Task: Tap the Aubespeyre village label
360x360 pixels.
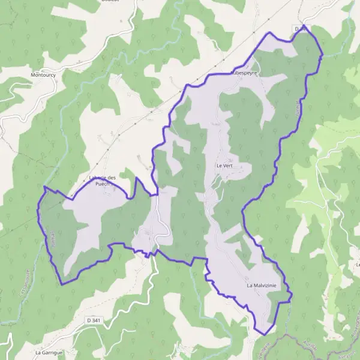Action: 244,72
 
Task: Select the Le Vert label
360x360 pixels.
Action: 224,165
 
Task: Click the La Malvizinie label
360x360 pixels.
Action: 261,286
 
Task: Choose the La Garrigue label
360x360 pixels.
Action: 49,353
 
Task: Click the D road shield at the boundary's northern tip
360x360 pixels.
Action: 300,28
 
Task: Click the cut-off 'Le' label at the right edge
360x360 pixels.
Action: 357,265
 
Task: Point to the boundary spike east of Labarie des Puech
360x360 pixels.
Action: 137,178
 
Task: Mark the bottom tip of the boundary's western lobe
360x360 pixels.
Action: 62,284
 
